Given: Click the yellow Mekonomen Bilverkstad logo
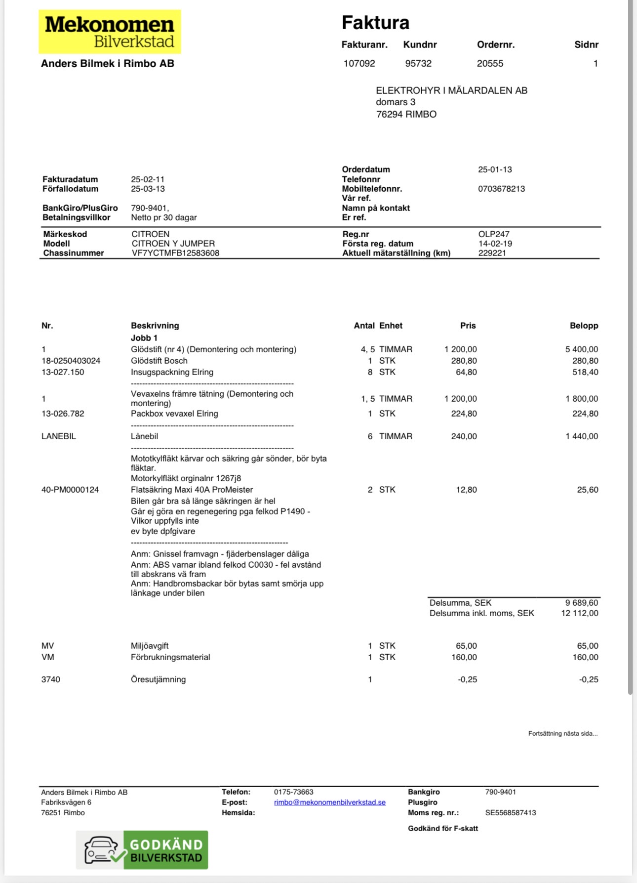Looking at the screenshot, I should coord(110,32).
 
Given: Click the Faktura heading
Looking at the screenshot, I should coord(375,23).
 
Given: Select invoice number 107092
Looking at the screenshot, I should coord(359,64).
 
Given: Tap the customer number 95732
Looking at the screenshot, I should coord(418,64).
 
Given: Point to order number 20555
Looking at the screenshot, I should coord(490,64).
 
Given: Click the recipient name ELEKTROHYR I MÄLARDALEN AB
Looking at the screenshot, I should coord(451,90).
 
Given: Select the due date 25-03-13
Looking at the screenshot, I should coord(148,189).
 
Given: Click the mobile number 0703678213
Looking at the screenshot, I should coord(501,189).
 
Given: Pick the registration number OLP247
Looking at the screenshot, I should coord(494,234).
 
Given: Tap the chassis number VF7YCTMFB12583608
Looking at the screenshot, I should coord(175,253).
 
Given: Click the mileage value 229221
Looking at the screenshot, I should coord(492,253).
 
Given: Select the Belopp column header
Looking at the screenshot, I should coord(584,326).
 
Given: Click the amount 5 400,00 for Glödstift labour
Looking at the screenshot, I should coord(581,349).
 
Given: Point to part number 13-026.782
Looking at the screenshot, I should coord(63,414).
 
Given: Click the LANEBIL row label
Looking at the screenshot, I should coord(59,436).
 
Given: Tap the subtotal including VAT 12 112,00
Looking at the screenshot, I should coord(579,613).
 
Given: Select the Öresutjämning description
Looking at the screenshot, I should coord(158,679).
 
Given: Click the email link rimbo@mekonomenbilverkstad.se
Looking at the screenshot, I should coord(329,802).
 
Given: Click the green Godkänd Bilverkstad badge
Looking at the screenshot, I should coord(142,850).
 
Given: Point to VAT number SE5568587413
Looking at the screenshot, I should coord(510,813).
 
